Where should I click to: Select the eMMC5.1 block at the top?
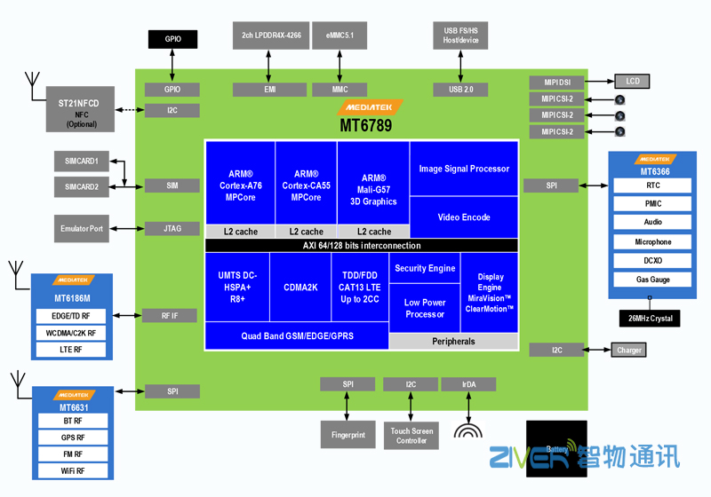(340, 35)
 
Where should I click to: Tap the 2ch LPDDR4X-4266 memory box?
(270, 35)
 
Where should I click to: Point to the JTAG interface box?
(172, 228)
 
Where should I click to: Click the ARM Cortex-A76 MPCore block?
(240, 185)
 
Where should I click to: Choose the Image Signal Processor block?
(464, 169)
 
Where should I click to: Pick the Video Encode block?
(464, 217)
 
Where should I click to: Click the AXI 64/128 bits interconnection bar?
(361, 245)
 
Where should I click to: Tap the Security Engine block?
(425, 268)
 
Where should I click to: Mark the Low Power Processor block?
(425, 308)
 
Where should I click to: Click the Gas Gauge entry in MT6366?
(652, 280)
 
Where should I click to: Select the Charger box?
(629, 351)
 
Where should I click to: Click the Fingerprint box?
(348, 435)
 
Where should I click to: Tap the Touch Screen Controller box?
(411, 435)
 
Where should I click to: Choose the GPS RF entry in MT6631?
(73, 437)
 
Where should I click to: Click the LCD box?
(633, 82)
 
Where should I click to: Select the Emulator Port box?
(81, 228)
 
